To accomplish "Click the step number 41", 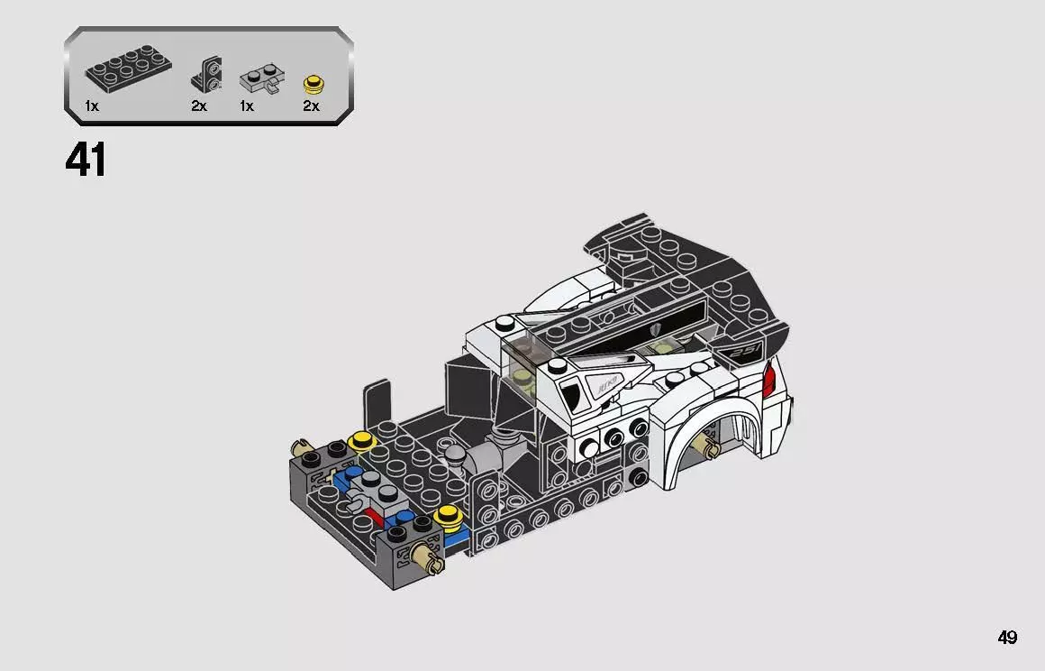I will [x=86, y=161].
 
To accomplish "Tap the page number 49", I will [x=1007, y=638].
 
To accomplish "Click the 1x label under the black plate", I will [x=91, y=106].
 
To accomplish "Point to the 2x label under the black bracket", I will [x=199, y=106].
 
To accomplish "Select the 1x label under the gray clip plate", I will [x=246, y=106].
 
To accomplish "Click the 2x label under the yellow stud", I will [x=311, y=106].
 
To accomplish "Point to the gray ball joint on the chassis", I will [x=457, y=454].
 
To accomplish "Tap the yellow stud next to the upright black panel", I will [x=362, y=441].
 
